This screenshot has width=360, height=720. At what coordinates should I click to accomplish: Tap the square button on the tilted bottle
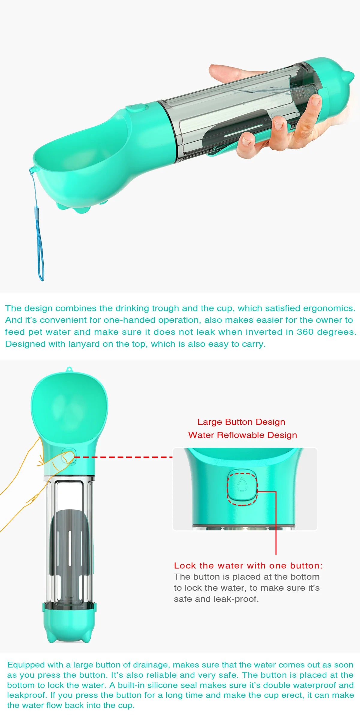[x=136, y=107]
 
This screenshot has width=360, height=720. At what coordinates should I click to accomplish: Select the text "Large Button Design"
[x=241, y=422]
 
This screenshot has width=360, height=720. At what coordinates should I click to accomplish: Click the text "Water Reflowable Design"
[x=242, y=435]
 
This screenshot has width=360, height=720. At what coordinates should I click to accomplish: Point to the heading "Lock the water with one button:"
[x=248, y=565]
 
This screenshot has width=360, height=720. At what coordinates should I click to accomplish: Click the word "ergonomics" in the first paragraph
[x=328, y=308]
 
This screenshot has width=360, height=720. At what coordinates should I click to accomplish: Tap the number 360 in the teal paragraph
[x=305, y=332]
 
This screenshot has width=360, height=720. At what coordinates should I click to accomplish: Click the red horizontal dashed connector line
[x=123, y=457]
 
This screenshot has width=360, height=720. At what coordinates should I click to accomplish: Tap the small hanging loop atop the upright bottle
[x=69, y=369]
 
